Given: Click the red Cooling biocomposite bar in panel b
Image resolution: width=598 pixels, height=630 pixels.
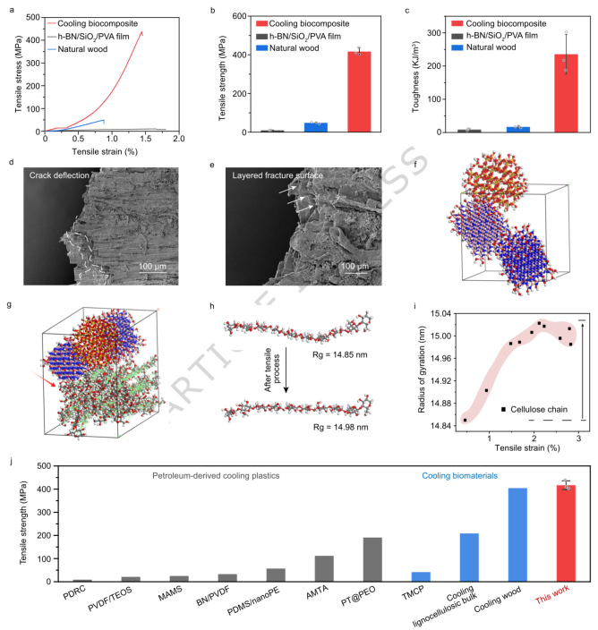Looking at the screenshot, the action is point(359,91).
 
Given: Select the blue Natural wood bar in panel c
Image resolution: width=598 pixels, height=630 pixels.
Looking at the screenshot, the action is point(518,130).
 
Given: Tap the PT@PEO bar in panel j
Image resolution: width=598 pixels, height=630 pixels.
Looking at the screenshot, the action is point(372,559).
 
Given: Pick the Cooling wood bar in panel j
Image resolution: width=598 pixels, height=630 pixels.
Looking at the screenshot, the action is point(517,535).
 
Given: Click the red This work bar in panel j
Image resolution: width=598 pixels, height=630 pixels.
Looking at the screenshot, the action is point(566,533).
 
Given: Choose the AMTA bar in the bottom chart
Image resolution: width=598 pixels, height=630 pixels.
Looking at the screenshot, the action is point(324,568).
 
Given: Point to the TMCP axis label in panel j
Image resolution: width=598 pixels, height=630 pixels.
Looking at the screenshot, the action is point(413,592).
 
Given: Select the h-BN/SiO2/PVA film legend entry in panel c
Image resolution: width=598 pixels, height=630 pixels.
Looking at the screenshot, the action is point(495,36).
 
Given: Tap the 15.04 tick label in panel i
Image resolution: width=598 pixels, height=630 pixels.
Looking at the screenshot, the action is point(440,313).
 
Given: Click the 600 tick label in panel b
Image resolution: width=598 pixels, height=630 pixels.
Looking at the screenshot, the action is point(239,16).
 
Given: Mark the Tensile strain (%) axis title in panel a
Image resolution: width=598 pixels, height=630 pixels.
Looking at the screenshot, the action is point(105,151).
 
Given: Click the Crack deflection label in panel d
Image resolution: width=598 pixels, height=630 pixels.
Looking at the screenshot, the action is point(59,175).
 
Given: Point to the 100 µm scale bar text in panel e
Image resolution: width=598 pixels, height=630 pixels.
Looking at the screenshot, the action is point(355,266).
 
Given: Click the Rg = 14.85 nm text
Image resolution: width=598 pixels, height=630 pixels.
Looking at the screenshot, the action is point(339,354).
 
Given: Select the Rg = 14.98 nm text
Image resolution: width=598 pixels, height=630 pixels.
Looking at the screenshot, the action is point(340,427).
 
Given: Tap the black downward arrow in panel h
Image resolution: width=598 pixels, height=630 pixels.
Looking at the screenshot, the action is point(286,370).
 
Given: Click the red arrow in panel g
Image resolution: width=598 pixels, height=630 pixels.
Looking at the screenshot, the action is point(44,379).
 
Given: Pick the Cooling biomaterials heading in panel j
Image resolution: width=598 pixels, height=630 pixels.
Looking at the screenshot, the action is point(460,476).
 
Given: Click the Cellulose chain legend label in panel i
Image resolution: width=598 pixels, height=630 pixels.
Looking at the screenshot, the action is point(539,410).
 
